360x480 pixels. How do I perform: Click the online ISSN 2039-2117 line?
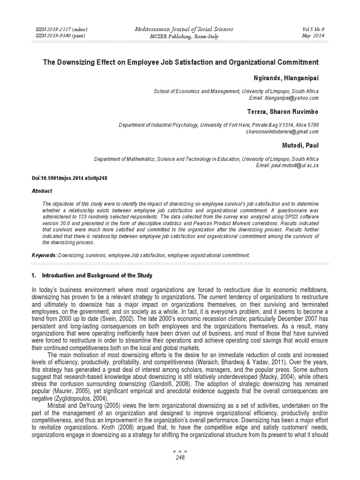[x=61, y=30]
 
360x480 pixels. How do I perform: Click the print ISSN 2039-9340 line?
[x=60, y=36]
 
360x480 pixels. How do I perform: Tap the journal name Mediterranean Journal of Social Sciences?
[x=180, y=30]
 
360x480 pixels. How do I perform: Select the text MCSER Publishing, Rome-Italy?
[x=180, y=36]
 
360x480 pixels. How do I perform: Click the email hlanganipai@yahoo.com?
[x=294, y=98]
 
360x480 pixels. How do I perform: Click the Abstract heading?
[x=42, y=191]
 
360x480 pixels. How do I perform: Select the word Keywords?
[x=44, y=255]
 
